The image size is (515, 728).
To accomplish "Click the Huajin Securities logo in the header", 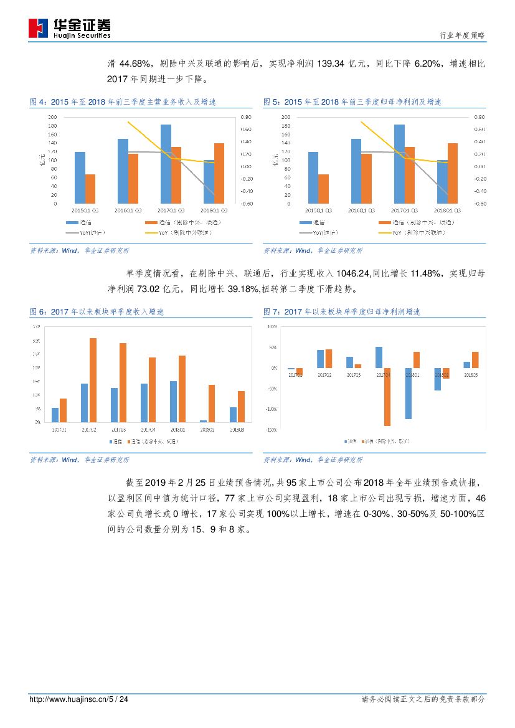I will (x=69, y=27).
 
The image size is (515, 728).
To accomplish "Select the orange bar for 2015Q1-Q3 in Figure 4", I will (x=90, y=189).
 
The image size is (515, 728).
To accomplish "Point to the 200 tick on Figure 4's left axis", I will (x=52, y=117).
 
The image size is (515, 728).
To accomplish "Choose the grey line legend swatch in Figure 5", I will (x=305, y=233).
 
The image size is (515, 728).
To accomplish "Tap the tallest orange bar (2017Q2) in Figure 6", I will (x=93, y=380).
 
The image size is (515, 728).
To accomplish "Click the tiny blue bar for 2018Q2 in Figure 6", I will (x=203, y=421).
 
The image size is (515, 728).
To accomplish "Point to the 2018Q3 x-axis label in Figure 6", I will (x=237, y=428).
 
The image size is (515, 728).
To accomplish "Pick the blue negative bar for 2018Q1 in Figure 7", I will (x=408, y=393).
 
